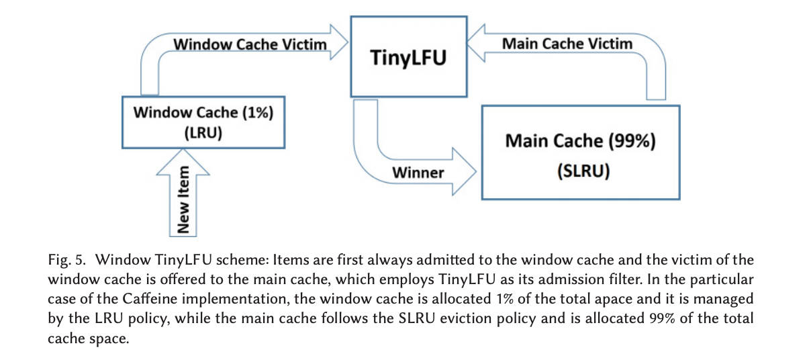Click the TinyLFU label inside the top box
point(408,58)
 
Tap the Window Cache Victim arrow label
point(250,44)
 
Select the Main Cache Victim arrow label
point(567,44)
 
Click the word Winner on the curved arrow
point(418,173)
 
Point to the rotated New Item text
point(183,199)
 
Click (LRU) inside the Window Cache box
point(203,132)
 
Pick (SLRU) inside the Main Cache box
point(583,171)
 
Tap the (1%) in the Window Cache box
point(257,112)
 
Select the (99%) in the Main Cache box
point(632,141)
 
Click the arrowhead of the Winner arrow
point(465,172)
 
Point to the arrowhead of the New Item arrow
point(183,163)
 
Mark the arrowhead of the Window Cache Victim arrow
point(339,42)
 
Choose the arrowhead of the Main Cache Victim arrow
point(476,43)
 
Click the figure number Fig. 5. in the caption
point(66,260)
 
